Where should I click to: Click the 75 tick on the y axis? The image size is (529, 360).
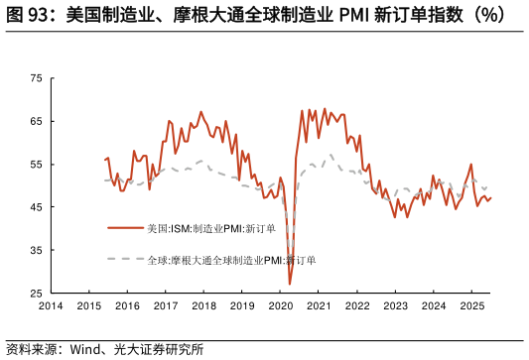(36, 77)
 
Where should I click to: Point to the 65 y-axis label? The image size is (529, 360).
(36, 121)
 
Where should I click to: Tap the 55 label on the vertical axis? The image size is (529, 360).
(36, 164)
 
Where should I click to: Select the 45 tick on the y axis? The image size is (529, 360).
(36, 207)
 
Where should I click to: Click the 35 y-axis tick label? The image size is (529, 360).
(36, 251)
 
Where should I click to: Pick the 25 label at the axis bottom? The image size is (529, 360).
(36, 294)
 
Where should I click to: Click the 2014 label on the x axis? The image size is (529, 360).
(51, 306)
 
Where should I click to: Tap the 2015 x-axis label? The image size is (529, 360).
(88, 306)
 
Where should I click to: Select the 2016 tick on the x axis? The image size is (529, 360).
(127, 306)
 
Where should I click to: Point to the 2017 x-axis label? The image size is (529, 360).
(165, 306)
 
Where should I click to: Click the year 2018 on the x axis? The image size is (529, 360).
(203, 306)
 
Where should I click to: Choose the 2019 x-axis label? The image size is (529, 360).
(241, 306)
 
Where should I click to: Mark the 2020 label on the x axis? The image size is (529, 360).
(280, 306)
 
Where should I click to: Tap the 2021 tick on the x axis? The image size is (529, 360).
(318, 306)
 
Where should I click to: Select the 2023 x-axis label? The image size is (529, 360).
(395, 306)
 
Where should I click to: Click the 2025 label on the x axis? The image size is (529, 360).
(471, 306)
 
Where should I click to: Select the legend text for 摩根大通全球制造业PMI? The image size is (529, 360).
(231, 260)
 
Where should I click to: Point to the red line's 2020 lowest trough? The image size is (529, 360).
(290, 285)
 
